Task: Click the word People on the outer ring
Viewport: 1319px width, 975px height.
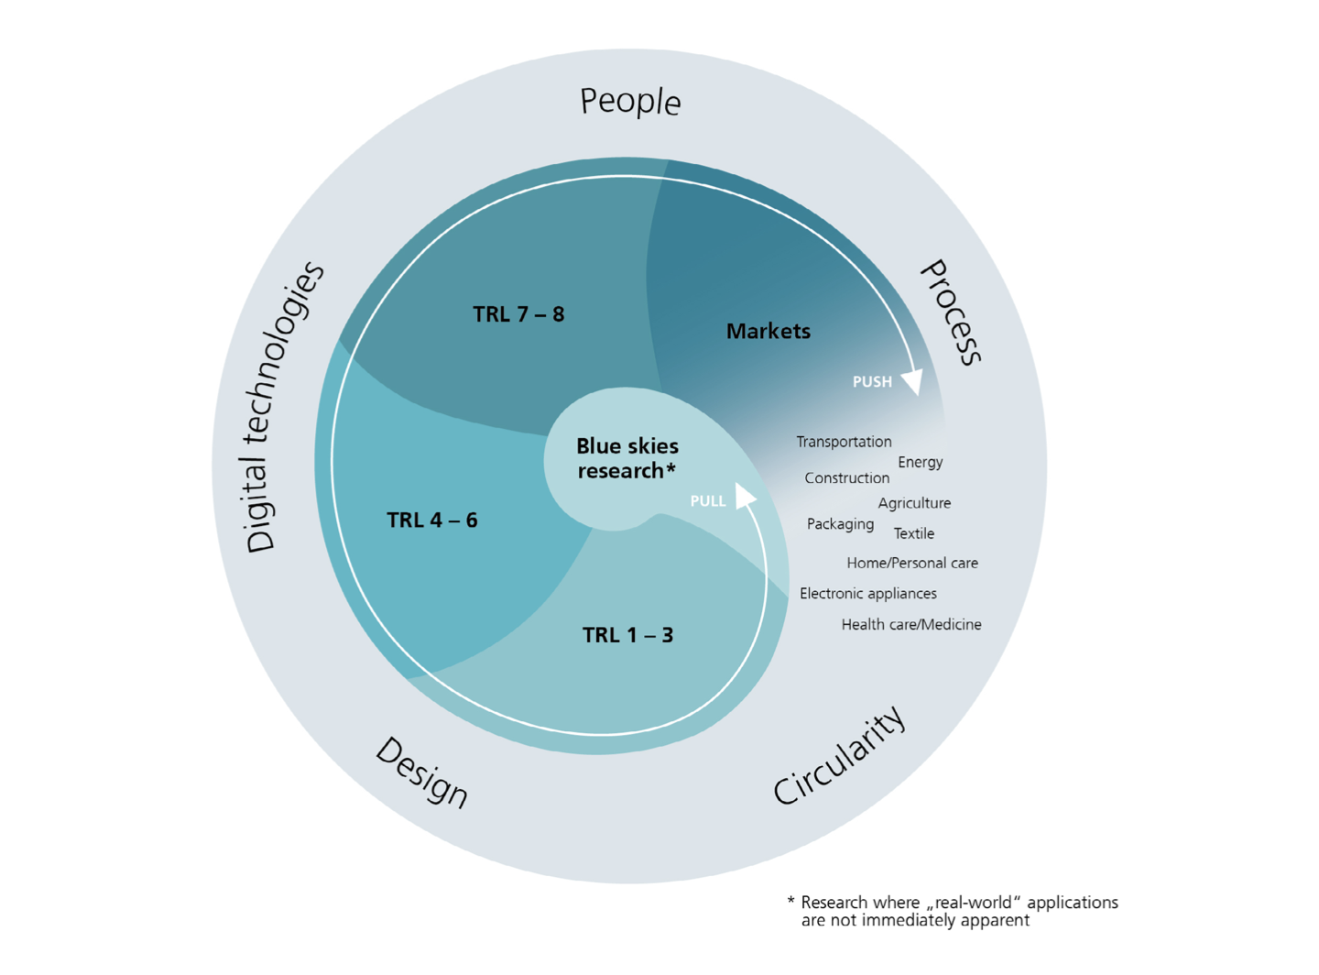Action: pos(630,101)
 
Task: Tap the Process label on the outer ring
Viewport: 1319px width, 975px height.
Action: pos(951,312)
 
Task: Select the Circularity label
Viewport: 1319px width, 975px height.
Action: pos(840,756)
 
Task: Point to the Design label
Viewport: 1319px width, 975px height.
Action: pos(422,772)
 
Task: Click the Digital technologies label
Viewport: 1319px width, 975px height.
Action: pos(284,407)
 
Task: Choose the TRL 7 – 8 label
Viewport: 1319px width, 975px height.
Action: pos(518,314)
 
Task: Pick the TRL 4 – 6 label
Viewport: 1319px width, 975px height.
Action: pos(431,520)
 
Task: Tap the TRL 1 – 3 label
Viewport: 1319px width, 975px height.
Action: pos(627,635)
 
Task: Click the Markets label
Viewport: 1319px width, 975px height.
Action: pos(768,332)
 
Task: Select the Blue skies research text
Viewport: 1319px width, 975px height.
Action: pos(627,458)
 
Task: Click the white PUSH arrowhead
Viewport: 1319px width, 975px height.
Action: pos(912,381)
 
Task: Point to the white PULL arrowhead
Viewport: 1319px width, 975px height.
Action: pos(746,497)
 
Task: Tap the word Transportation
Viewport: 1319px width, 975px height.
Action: pos(844,442)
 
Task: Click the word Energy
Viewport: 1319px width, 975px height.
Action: pos(920,462)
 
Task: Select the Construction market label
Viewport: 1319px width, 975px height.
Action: pos(846,477)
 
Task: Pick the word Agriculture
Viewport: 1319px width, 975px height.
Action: pos(914,503)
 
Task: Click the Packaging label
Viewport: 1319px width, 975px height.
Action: pos(840,524)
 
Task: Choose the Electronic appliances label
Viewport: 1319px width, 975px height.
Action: pos(867,594)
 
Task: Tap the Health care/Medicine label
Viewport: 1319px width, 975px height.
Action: pos(910,625)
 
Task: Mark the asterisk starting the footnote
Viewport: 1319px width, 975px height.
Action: pos(791,901)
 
